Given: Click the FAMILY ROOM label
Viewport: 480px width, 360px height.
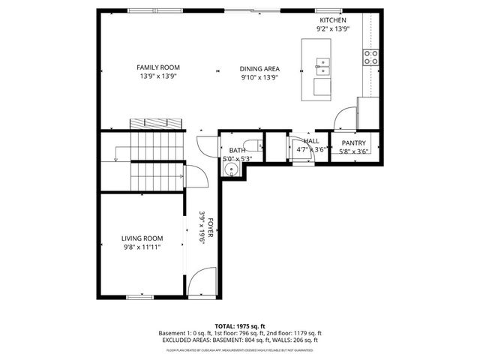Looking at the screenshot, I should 158,67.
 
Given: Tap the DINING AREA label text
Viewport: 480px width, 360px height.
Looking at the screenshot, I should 259,68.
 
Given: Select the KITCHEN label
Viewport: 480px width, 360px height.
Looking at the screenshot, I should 332,20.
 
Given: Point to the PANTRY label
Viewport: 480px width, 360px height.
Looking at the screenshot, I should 353,142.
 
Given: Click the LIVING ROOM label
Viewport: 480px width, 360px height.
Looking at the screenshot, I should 142,238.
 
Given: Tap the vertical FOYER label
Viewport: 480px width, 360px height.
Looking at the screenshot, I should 211,227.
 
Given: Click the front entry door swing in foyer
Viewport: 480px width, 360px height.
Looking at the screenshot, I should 200,282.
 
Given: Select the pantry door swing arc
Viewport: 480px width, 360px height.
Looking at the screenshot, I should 344,118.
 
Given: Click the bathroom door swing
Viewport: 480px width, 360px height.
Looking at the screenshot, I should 205,145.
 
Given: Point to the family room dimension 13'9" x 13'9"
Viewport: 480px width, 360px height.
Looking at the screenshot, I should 158,76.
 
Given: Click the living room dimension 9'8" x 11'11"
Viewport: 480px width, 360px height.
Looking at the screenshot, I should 142,247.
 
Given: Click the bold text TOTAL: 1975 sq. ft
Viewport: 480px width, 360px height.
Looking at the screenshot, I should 240,326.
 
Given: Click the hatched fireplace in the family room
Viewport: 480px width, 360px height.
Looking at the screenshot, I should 155,123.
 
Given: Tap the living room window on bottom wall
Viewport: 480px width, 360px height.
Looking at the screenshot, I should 140,298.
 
